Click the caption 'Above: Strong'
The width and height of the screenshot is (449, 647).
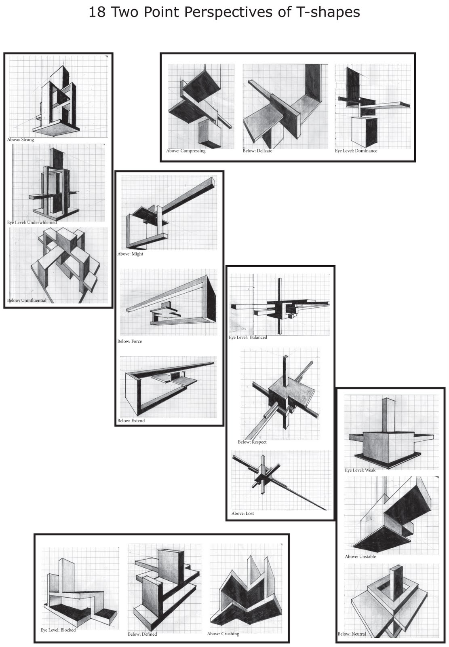pyautogui.click(x=21, y=140)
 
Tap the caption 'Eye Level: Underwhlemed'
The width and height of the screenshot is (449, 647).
pyautogui.click(x=32, y=222)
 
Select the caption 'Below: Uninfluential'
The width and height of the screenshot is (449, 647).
pyautogui.click(x=27, y=300)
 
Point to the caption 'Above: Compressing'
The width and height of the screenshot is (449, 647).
pyautogui.click(x=186, y=151)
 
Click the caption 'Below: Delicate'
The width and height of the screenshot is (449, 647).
pyautogui.click(x=257, y=151)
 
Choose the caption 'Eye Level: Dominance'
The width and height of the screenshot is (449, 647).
pyautogui.click(x=356, y=151)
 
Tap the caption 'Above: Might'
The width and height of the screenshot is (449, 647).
pyautogui.click(x=130, y=254)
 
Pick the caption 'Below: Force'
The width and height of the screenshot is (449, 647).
pyautogui.click(x=130, y=341)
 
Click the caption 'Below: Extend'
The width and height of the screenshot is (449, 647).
pyautogui.click(x=131, y=421)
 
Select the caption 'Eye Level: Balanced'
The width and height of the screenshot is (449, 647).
pyautogui.click(x=248, y=337)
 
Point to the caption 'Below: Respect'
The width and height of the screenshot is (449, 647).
pyautogui.click(x=252, y=442)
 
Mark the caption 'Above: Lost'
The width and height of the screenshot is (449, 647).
pyautogui.click(x=242, y=513)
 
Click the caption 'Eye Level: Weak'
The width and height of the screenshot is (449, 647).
pyautogui.click(x=360, y=470)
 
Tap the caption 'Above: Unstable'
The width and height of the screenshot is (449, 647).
pyautogui.click(x=360, y=556)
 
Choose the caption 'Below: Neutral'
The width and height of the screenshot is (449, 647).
pyautogui.click(x=352, y=634)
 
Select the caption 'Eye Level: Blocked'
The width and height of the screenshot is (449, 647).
pyautogui.click(x=58, y=630)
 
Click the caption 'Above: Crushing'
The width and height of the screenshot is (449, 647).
pyautogui.click(x=223, y=634)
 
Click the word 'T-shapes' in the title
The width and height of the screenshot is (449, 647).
pyautogui.click(x=327, y=13)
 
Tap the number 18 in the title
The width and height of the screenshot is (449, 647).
pyautogui.click(x=97, y=13)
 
